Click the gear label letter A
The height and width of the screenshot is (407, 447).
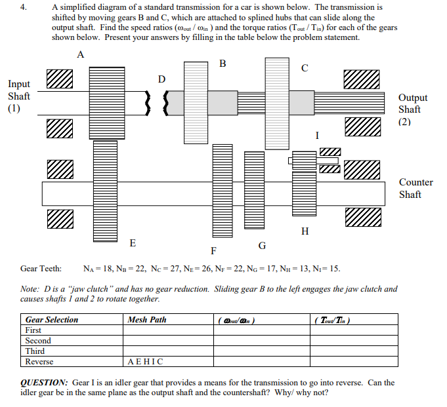(80, 55)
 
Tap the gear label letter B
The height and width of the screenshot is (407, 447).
(223, 64)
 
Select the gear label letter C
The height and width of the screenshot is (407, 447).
(304, 68)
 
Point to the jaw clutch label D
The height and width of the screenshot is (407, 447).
(161, 79)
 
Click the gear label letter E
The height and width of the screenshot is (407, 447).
(133, 243)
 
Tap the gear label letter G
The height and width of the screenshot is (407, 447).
(262, 245)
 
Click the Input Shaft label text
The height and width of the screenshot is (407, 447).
(18, 96)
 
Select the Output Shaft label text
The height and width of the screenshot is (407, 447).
(412, 109)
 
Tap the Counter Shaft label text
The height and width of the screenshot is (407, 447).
(415, 188)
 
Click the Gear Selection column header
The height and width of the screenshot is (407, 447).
(51, 320)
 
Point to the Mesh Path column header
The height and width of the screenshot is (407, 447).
(147, 320)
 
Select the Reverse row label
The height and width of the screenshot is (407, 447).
(39, 362)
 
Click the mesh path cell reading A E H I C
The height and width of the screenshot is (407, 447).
(146, 362)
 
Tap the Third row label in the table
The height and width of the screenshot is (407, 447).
(35, 351)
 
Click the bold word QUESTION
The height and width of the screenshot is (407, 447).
(44, 383)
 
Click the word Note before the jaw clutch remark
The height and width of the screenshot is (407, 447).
(30, 289)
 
